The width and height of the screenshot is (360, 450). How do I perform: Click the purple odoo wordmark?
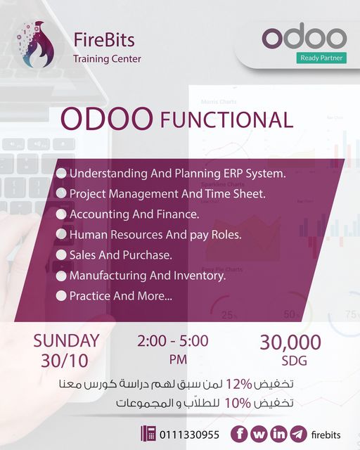click(304, 37)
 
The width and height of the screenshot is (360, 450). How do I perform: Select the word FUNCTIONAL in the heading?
click(226, 120)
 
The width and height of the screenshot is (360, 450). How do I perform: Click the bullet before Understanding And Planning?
click(62, 173)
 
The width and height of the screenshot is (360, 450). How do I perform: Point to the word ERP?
click(229, 173)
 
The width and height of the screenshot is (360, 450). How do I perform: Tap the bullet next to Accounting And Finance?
click(62, 214)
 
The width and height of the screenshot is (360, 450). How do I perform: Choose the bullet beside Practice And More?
click(62, 296)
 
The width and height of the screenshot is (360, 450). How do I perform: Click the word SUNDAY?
click(66, 341)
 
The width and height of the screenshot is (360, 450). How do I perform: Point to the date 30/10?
click(66, 361)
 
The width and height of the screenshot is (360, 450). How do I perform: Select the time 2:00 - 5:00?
click(173, 341)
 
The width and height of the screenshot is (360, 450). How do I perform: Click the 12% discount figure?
click(240, 385)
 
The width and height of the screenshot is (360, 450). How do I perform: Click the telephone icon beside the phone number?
click(148, 434)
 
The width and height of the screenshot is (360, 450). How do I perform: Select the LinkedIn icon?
click(278, 434)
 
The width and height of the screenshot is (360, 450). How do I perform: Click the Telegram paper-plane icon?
click(298, 434)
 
